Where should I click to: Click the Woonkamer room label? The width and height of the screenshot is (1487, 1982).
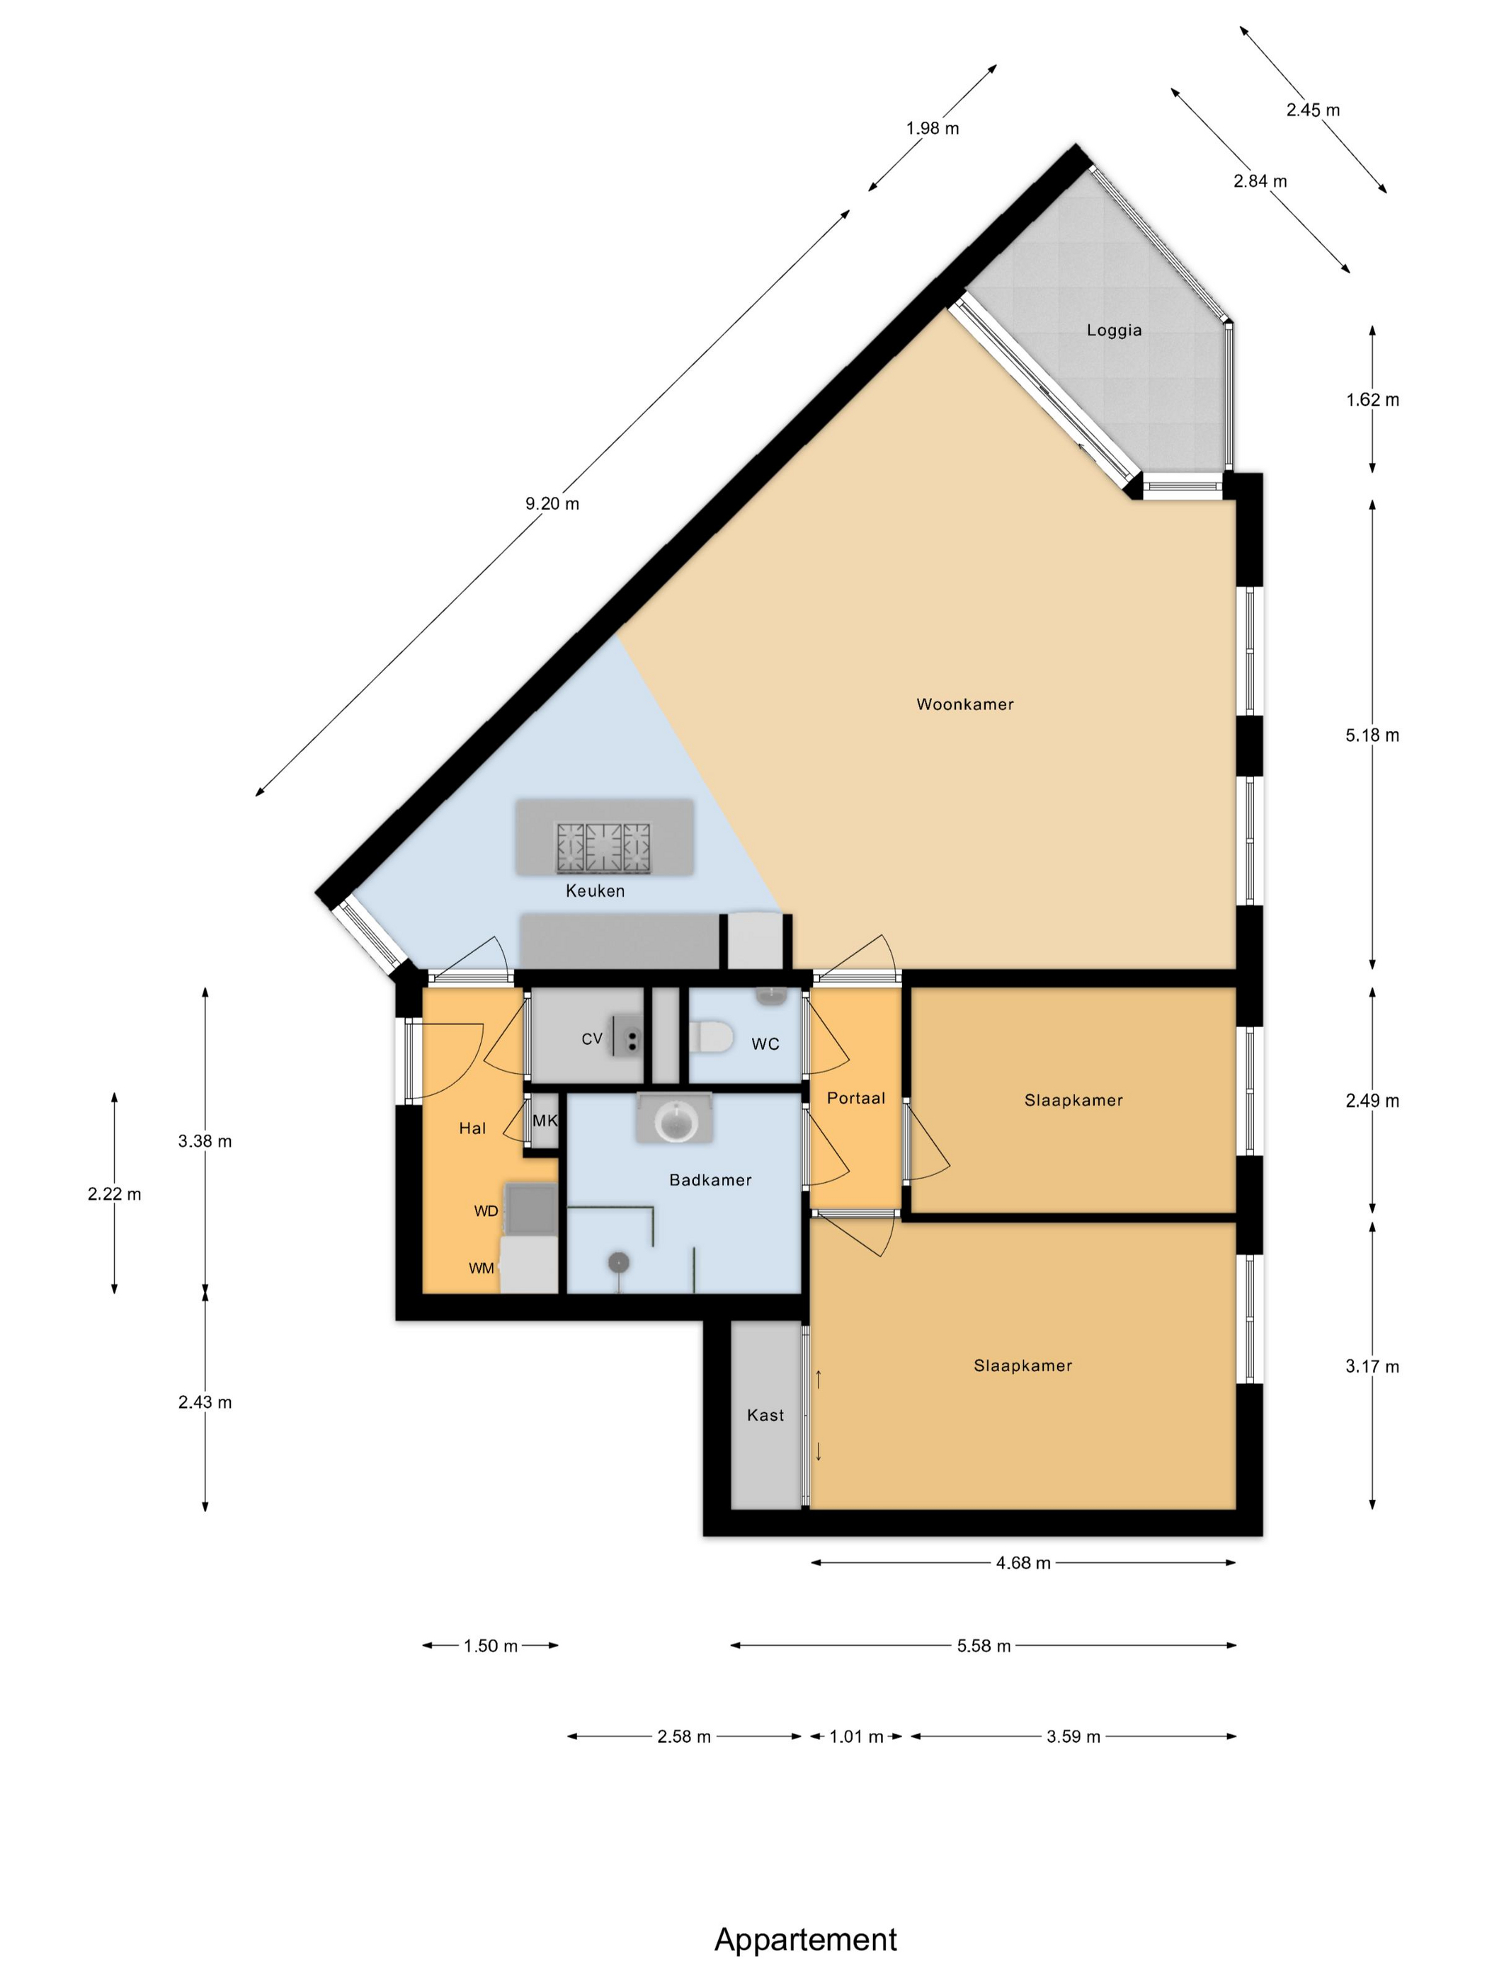(x=964, y=704)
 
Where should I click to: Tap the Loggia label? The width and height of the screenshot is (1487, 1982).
(x=1114, y=331)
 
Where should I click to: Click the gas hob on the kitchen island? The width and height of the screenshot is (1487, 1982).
(x=603, y=847)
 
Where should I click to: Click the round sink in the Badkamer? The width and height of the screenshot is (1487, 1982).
(x=674, y=1120)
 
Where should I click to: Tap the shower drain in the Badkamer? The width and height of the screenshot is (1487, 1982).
(x=618, y=1261)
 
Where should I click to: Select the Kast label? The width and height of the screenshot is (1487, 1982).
(x=765, y=1415)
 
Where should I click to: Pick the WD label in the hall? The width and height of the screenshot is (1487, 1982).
(x=486, y=1211)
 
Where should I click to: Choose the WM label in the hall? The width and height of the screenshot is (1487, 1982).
(x=482, y=1268)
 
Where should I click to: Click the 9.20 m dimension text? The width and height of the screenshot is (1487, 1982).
(x=552, y=503)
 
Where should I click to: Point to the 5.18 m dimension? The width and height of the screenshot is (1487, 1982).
(x=1372, y=735)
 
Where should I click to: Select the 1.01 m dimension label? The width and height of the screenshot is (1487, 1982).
(x=856, y=1736)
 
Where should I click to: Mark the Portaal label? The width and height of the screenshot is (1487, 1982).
(x=856, y=1098)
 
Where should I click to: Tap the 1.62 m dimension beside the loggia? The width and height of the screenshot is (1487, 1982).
(x=1372, y=400)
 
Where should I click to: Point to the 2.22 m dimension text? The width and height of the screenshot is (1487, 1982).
(x=115, y=1193)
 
